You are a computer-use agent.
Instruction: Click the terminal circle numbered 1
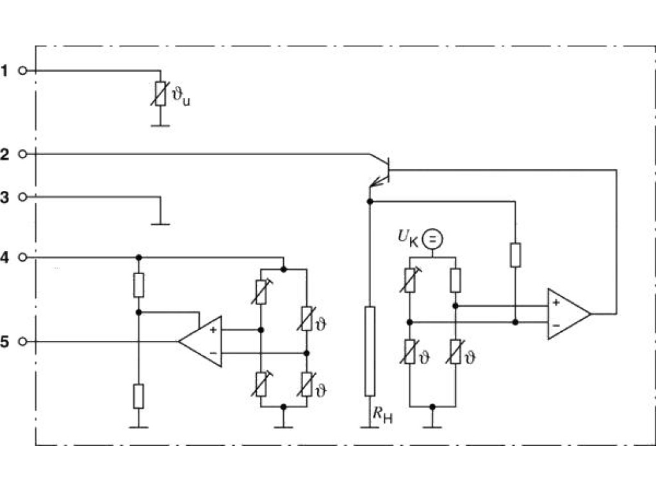pyautogui.click(x=23, y=71)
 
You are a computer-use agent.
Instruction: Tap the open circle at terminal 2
pyautogui.click(x=23, y=154)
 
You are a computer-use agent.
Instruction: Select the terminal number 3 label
pyautogui.click(x=4, y=197)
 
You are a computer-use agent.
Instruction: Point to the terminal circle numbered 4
pyautogui.click(x=23, y=258)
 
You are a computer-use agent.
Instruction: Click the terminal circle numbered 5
pyautogui.click(x=23, y=342)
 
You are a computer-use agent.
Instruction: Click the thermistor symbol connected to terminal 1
pyautogui.click(x=160, y=94)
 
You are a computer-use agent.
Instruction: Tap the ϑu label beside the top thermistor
pyautogui.click(x=181, y=97)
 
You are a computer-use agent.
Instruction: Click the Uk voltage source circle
pyautogui.click(x=432, y=240)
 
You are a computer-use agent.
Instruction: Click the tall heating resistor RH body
pyautogui.click(x=370, y=351)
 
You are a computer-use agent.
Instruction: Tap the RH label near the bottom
pyautogui.click(x=382, y=415)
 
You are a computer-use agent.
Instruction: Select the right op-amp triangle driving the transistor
pyautogui.click(x=569, y=314)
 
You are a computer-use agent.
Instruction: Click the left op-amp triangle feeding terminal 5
pyautogui.click(x=201, y=341)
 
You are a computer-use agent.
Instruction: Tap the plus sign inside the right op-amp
pyautogui.click(x=556, y=302)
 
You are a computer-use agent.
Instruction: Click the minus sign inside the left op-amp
pyautogui.click(x=213, y=354)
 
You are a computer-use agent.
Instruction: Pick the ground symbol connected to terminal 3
pyautogui.click(x=160, y=224)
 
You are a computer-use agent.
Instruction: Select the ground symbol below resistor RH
pyautogui.click(x=370, y=427)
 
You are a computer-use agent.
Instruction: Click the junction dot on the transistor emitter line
pyautogui.click(x=370, y=202)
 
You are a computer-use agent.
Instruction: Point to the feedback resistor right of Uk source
pyautogui.click(x=516, y=255)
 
